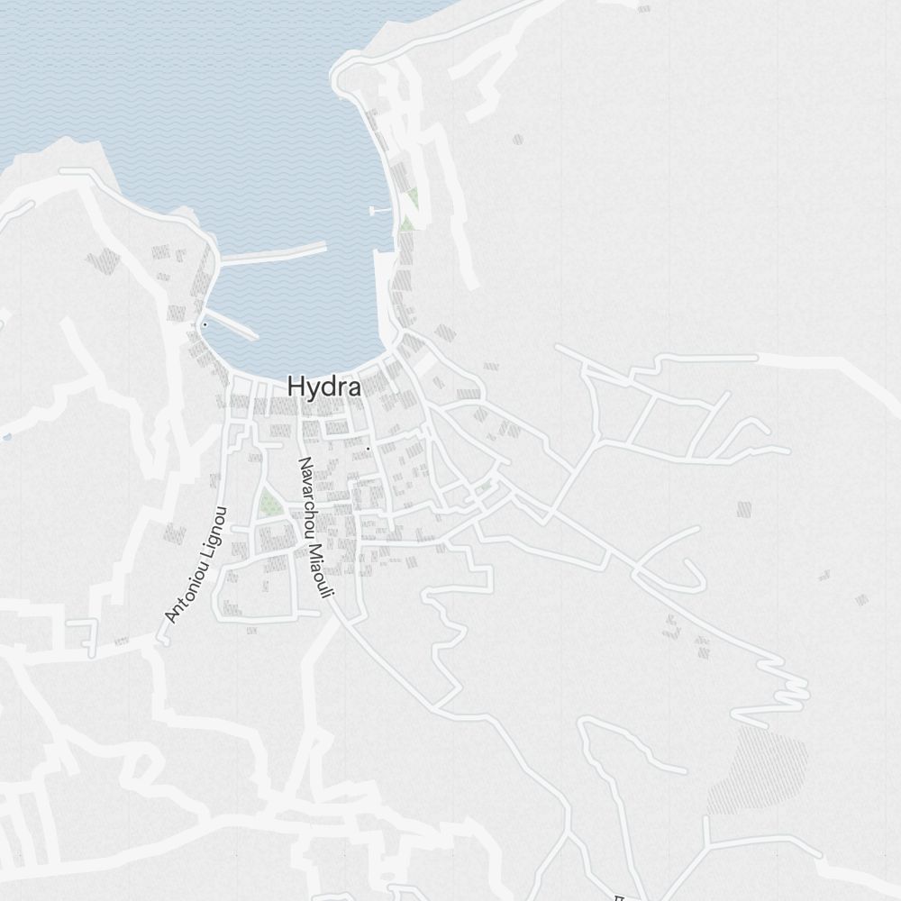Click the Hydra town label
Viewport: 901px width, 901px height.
[324, 387]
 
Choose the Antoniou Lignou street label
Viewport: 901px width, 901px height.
[196, 565]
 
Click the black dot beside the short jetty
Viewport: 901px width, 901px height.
[205, 324]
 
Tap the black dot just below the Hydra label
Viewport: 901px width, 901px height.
[368, 448]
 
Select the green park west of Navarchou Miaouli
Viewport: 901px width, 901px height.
[269, 504]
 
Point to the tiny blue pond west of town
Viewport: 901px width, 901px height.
[7, 437]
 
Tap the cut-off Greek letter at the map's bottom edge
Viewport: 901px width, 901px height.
[619, 897]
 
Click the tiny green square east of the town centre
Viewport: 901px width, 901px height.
[486, 486]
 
